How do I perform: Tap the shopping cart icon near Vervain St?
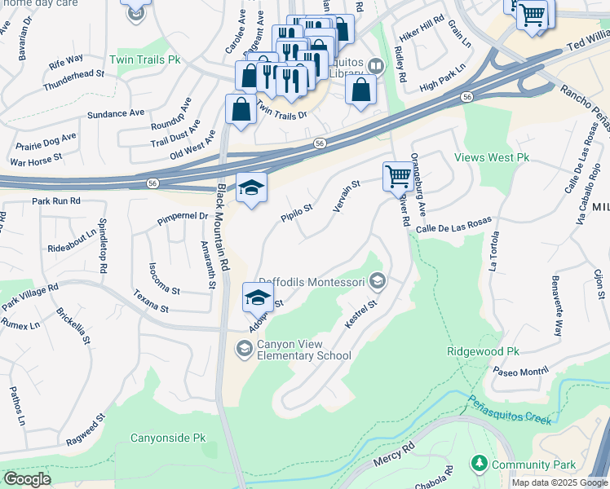click(x=398, y=175)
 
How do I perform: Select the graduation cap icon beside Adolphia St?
click(x=257, y=296)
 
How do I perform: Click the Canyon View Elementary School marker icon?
click(x=244, y=349)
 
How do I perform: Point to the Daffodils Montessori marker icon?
click(x=377, y=282)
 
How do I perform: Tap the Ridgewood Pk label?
click(x=483, y=351)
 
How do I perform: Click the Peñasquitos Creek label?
click(x=510, y=409)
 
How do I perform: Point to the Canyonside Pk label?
click(x=169, y=438)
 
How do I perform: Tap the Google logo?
click(x=27, y=479)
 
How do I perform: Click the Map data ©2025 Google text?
click(x=559, y=482)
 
